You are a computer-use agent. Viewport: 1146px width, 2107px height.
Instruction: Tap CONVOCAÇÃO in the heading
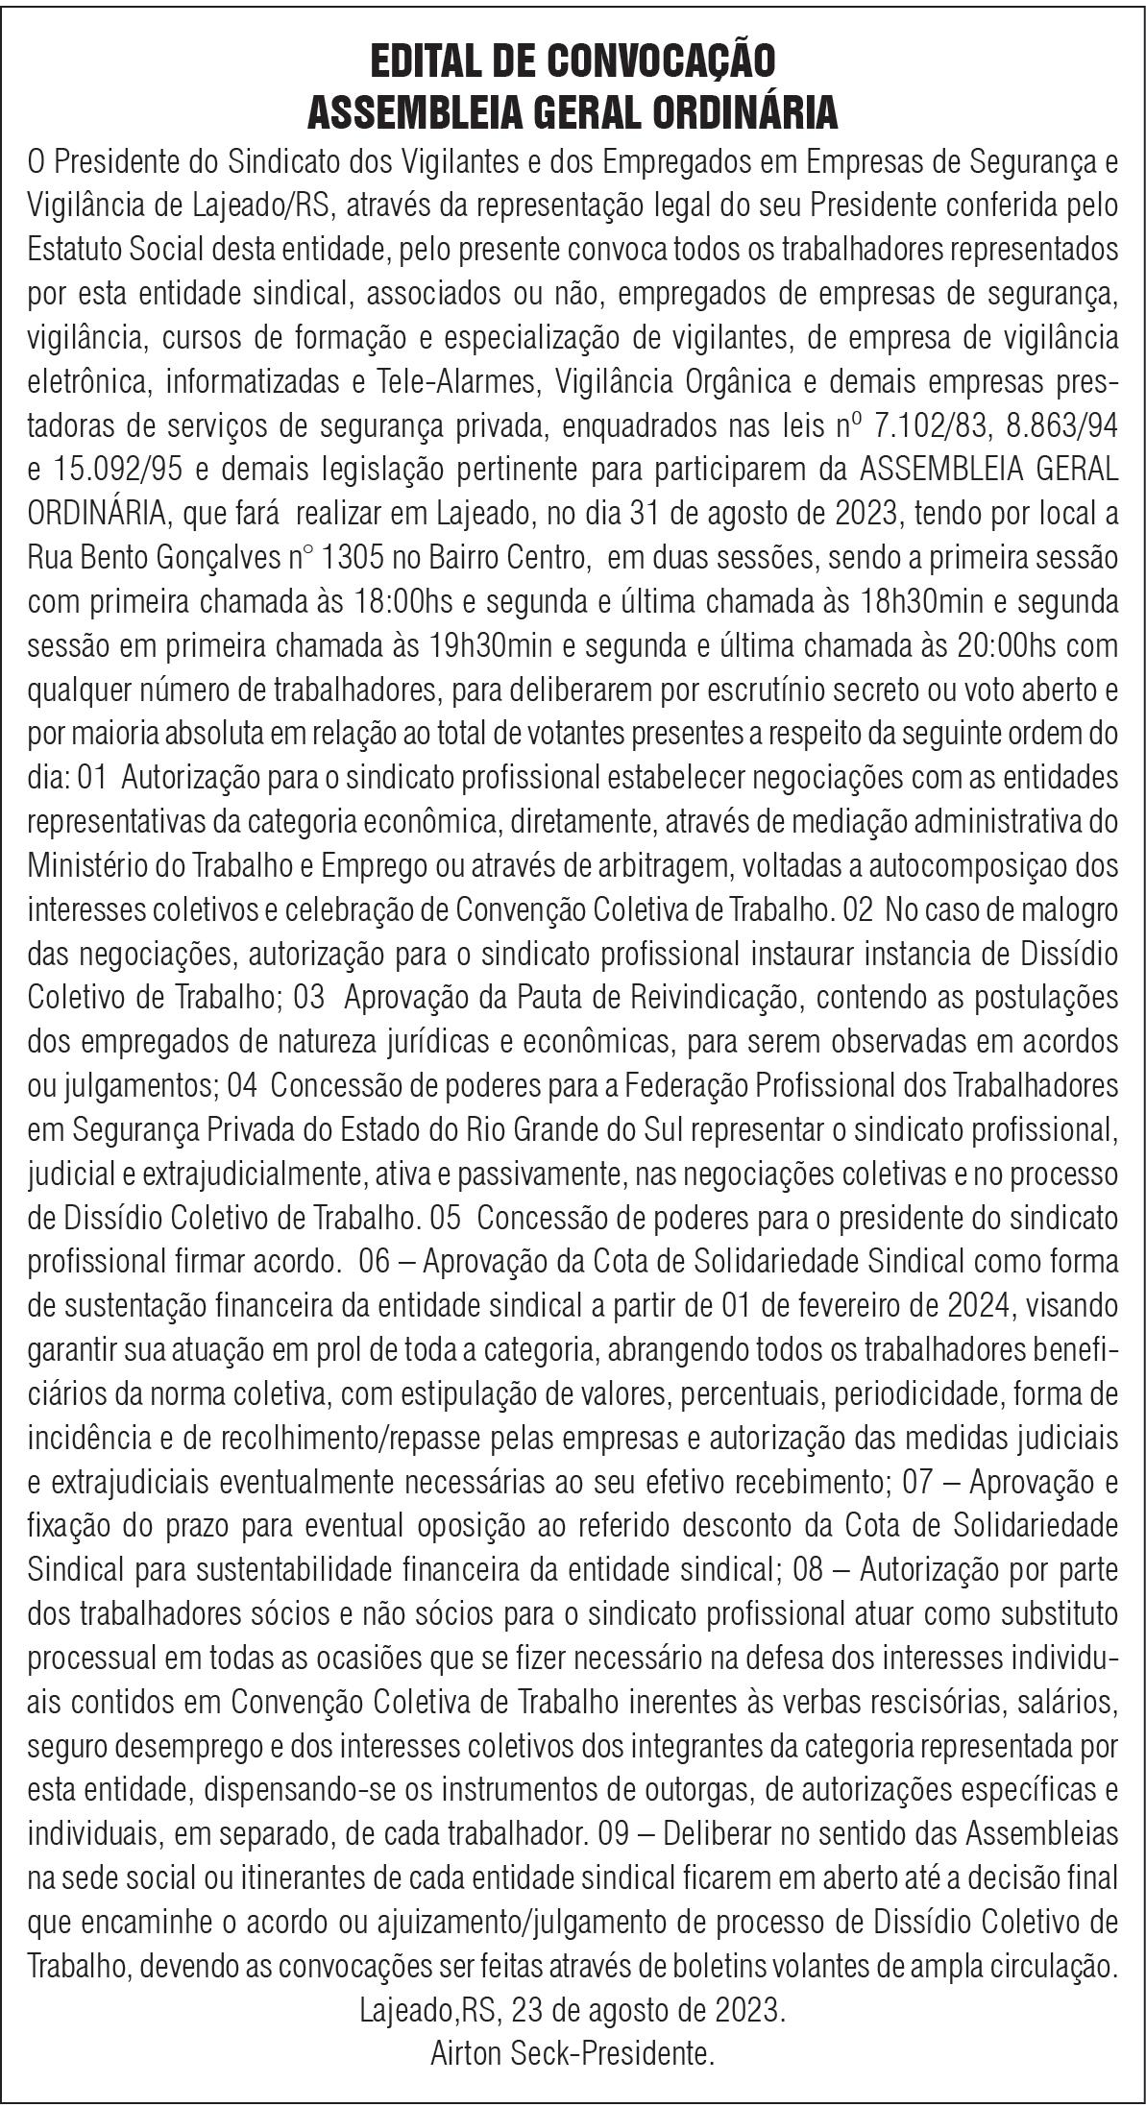(661, 62)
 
